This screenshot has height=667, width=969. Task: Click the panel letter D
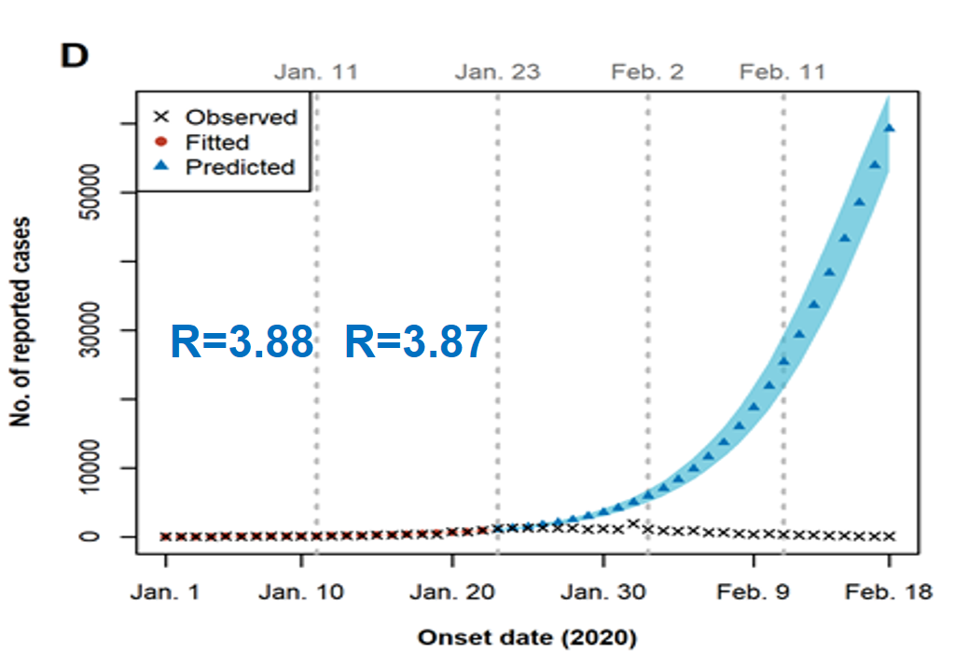[74, 57]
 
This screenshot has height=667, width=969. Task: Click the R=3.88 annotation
[242, 343]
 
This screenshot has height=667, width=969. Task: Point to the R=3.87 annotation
[416, 343]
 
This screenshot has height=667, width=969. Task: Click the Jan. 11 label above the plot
[316, 72]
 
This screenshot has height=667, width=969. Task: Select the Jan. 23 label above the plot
[497, 72]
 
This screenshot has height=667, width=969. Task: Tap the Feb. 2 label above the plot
[648, 72]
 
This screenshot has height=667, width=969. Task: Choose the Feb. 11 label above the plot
[782, 72]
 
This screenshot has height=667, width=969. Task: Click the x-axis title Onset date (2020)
[527, 639]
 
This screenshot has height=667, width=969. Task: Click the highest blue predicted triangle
[890, 129]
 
